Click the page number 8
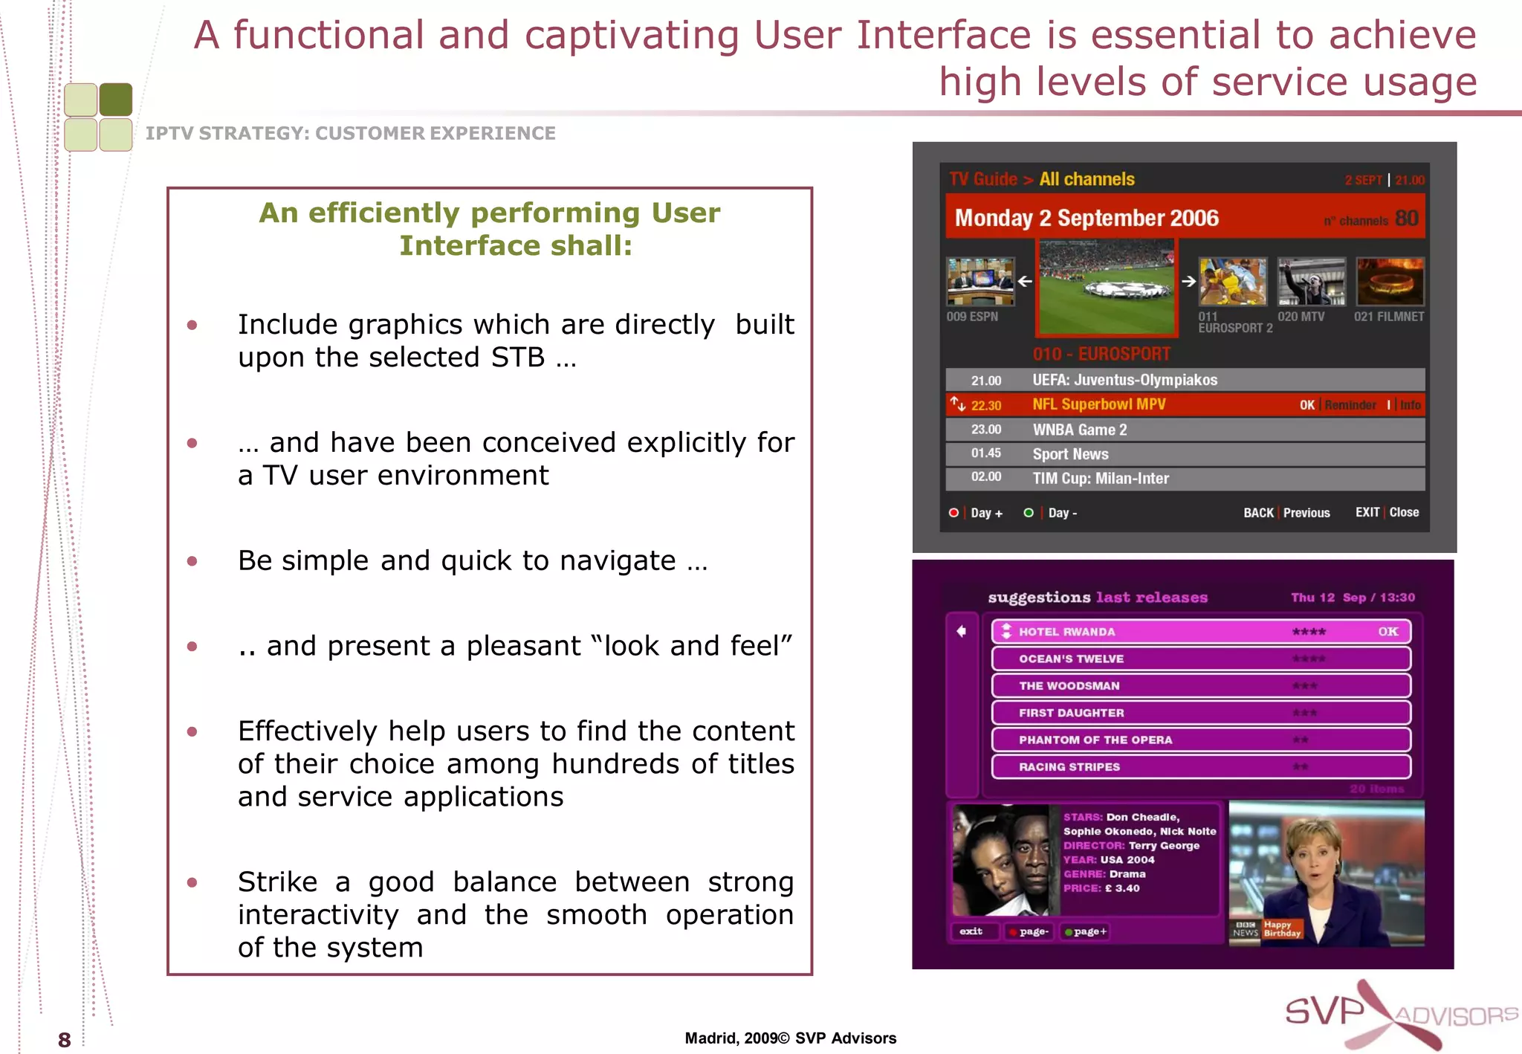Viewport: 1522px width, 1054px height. tap(65, 1039)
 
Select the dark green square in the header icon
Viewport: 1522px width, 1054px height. tap(116, 100)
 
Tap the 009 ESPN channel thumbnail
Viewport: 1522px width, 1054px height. tap(980, 282)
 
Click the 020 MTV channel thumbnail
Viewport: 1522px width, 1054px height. tap(1311, 282)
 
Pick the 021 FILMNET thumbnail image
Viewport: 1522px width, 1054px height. tap(1390, 282)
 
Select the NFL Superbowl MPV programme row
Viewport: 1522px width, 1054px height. tap(1185, 404)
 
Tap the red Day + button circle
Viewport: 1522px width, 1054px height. tap(953, 512)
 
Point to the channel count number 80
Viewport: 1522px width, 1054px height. tap(1406, 219)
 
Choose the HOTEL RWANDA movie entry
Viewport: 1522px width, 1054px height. tap(1200, 632)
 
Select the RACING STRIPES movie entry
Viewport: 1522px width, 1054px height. tap(1200, 766)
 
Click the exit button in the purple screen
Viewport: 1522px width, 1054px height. tap(971, 931)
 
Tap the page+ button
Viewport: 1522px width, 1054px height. tap(1087, 931)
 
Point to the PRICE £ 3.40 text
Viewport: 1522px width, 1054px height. tap(1101, 888)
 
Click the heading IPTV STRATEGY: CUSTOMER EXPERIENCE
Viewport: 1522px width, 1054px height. tap(350, 133)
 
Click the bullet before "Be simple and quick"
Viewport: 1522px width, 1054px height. tap(192, 561)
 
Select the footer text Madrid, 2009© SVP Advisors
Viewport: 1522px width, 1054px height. tap(790, 1038)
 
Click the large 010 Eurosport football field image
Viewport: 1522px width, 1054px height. tap(1106, 288)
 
